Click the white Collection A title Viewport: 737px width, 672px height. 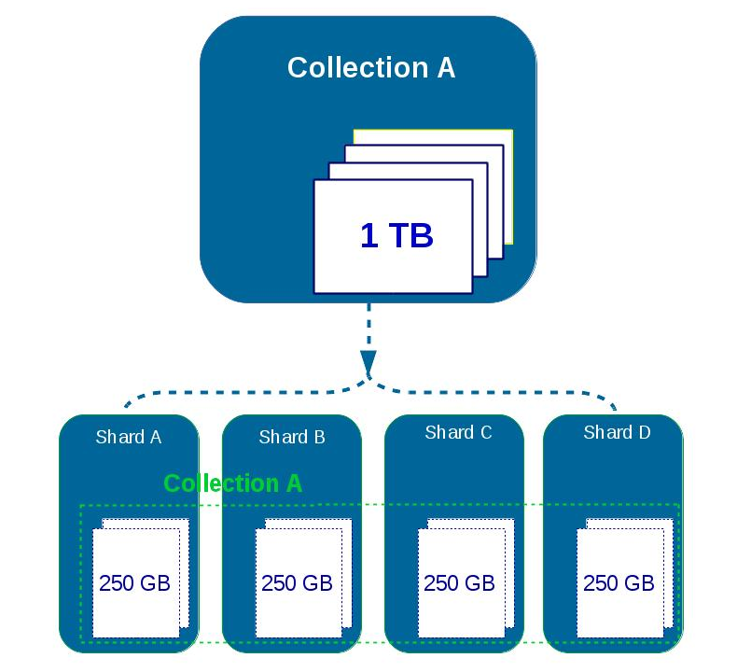pyautogui.click(x=370, y=68)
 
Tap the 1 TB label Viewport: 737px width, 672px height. pyautogui.click(x=396, y=235)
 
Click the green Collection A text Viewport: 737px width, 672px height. pyautogui.click(x=233, y=483)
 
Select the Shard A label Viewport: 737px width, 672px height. pyautogui.click(x=128, y=437)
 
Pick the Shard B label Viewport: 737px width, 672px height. pyautogui.click(x=292, y=437)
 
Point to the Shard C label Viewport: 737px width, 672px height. pyautogui.click(x=458, y=432)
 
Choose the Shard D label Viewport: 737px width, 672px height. pyautogui.click(x=617, y=432)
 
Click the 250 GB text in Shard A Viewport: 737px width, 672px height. pyautogui.click(x=134, y=583)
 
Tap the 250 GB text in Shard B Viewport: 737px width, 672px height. pyautogui.click(x=297, y=583)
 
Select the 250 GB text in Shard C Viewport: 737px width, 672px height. pyautogui.click(x=459, y=583)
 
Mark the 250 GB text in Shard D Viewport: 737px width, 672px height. pyautogui.click(x=619, y=583)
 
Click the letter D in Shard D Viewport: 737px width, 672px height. pyautogui.click(x=644, y=432)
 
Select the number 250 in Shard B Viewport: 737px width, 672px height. pyautogui.click(x=278, y=583)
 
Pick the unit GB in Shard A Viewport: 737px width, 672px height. pyautogui.click(x=156, y=583)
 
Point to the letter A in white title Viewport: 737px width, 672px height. pyautogui.click(x=445, y=68)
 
